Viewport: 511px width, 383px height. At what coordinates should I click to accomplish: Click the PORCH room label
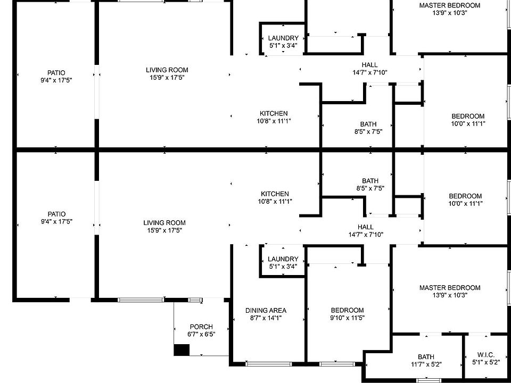pos(201,327)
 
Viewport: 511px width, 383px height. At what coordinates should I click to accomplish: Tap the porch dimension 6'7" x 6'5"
pos(201,334)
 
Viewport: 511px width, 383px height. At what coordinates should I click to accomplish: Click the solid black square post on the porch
pos(182,350)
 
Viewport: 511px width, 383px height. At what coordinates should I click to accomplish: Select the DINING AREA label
pos(266,311)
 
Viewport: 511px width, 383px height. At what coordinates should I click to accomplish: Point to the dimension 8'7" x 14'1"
pos(266,318)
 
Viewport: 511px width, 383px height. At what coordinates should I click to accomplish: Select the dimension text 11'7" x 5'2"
pos(425,364)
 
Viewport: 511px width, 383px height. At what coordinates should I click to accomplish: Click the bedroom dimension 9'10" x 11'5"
pos(347,318)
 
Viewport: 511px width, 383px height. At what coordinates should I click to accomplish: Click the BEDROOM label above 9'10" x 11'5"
pos(347,311)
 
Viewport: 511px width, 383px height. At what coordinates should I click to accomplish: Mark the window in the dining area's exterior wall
pos(265,364)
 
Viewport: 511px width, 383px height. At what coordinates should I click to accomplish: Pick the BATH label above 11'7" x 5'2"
pos(425,357)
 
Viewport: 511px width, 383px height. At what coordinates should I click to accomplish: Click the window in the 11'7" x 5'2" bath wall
pos(425,380)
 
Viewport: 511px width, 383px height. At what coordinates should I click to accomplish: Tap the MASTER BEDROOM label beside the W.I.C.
pos(449,288)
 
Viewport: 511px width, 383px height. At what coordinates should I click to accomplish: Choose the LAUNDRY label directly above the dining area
pos(283,259)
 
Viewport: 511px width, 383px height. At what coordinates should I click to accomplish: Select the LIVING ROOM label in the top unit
pos(167,70)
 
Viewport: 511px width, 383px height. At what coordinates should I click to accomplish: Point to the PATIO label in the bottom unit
pos(56,214)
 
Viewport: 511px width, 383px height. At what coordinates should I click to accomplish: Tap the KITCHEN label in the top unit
pos(274,113)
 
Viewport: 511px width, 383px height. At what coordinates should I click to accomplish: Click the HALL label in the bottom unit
pos(365,227)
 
